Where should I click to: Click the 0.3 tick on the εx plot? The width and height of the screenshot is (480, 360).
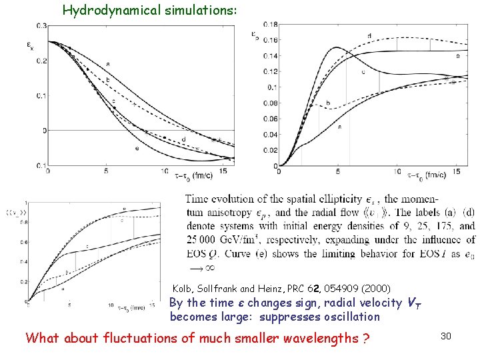click(41, 25)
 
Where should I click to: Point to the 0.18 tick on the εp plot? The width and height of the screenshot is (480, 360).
click(270, 24)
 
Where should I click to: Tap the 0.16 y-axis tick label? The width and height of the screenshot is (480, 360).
click(270, 40)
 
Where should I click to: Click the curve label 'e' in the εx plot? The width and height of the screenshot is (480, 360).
click(136, 148)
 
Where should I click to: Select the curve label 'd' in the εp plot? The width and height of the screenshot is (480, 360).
click(369, 35)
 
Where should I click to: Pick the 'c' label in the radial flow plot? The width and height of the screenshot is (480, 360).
click(88, 246)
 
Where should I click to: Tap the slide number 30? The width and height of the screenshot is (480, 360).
click(446, 337)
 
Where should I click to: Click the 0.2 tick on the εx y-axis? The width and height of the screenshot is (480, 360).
click(41, 61)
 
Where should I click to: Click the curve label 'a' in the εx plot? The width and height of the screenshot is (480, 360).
click(107, 64)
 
